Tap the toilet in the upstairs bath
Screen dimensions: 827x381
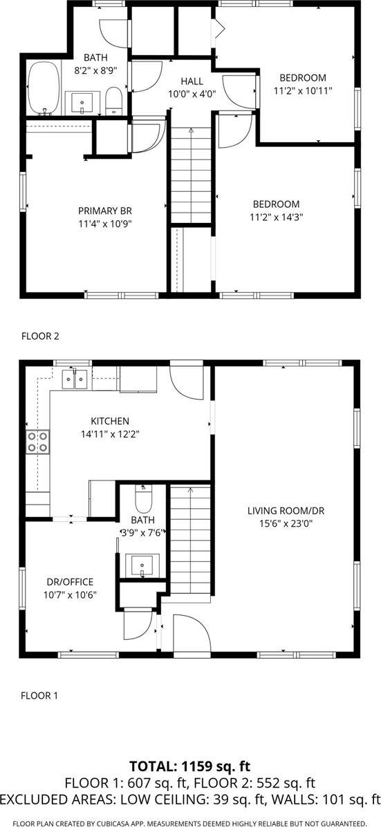click(x=114, y=101)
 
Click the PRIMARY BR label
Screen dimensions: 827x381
click(x=104, y=211)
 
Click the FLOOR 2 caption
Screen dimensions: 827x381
click(x=40, y=336)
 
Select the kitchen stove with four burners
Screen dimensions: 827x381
click(x=37, y=442)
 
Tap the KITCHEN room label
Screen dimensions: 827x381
click(x=110, y=420)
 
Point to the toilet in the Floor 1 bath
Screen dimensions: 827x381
click(x=142, y=498)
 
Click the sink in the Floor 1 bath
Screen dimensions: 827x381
click(x=145, y=564)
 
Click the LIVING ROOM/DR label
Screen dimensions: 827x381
click(x=286, y=511)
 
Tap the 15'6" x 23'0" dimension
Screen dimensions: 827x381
click(x=286, y=523)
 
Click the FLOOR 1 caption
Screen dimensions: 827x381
click(x=39, y=695)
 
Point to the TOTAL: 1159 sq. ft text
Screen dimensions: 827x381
click(x=190, y=766)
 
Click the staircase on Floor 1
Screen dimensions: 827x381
click(x=189, y=538)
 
